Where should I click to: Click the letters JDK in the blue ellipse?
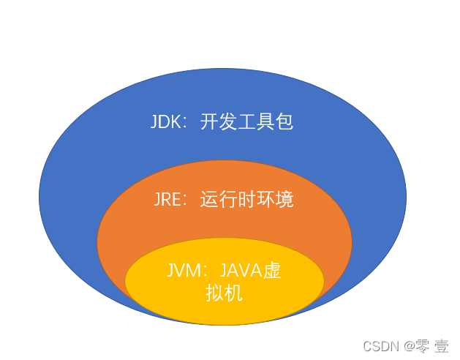pos(166,121)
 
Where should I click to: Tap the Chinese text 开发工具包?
pos(246,121)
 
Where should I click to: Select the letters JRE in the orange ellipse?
pos(167,199)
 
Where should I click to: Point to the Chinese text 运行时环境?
pos(246,199)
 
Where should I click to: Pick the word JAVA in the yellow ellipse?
pos(241,270)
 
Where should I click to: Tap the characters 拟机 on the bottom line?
pos(224,293)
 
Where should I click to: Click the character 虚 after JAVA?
pos(272,270)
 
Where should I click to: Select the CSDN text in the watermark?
pos(381,347)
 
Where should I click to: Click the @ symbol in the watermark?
pos(410,347)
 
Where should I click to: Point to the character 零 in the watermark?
pos(423,346)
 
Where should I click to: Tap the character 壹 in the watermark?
pos(442,346)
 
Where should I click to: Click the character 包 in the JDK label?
pos(284,121)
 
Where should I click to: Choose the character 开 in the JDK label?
pos(209,121)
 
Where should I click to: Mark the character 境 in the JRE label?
pos(284,199)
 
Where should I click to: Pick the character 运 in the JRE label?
pos(209,199)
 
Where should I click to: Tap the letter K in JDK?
pos(176,121)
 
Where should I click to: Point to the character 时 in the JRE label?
pos(246,199)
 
